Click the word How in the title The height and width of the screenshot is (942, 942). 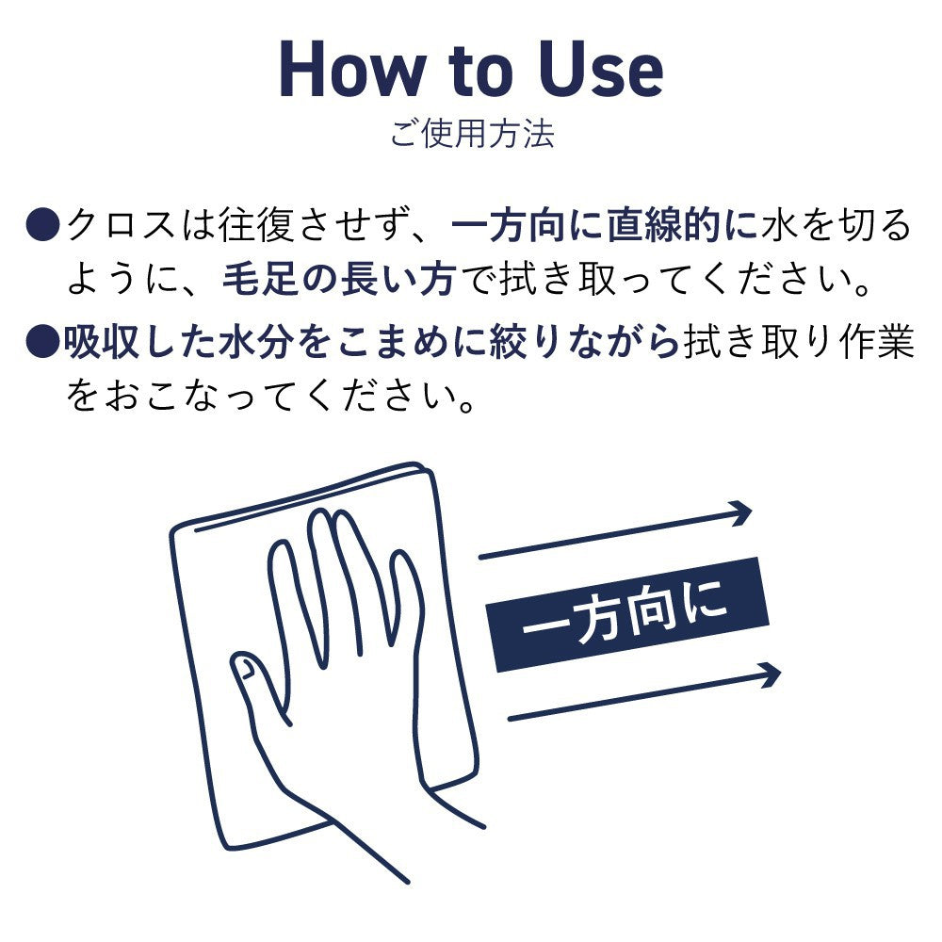(x=351, y=70)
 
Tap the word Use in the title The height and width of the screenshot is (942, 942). (x=601, y=70)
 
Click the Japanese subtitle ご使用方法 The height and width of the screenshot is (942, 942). (x=472, y=134)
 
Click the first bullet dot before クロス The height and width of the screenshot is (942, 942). (x=43, y=226)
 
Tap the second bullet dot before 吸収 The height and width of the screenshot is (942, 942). (x=43, y=342)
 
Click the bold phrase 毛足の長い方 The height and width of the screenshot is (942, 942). (x=339, y=280)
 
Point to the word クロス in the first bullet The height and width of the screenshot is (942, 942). (x=122, y=226)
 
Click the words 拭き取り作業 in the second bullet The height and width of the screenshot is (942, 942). (x=799, y=342)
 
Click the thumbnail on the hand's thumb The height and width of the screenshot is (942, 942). (x=245, y=667)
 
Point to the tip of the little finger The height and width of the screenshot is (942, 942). (x=400, y=554)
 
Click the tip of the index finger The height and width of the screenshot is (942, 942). (x=280, y=544)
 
